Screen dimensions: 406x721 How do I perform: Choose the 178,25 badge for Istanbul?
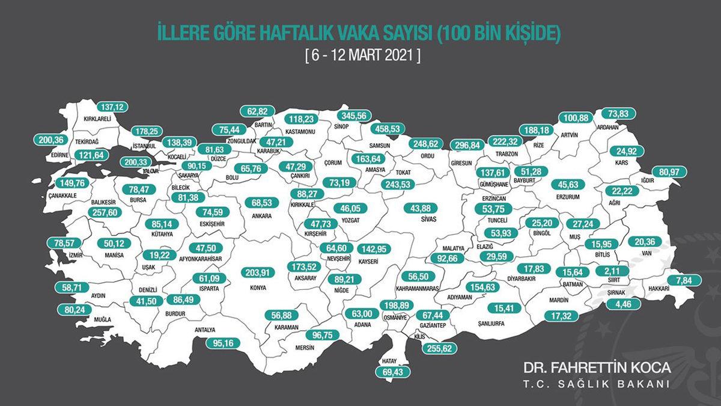(x=147, y=131)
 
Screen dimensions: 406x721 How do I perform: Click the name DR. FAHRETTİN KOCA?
(x=597, y=367)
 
